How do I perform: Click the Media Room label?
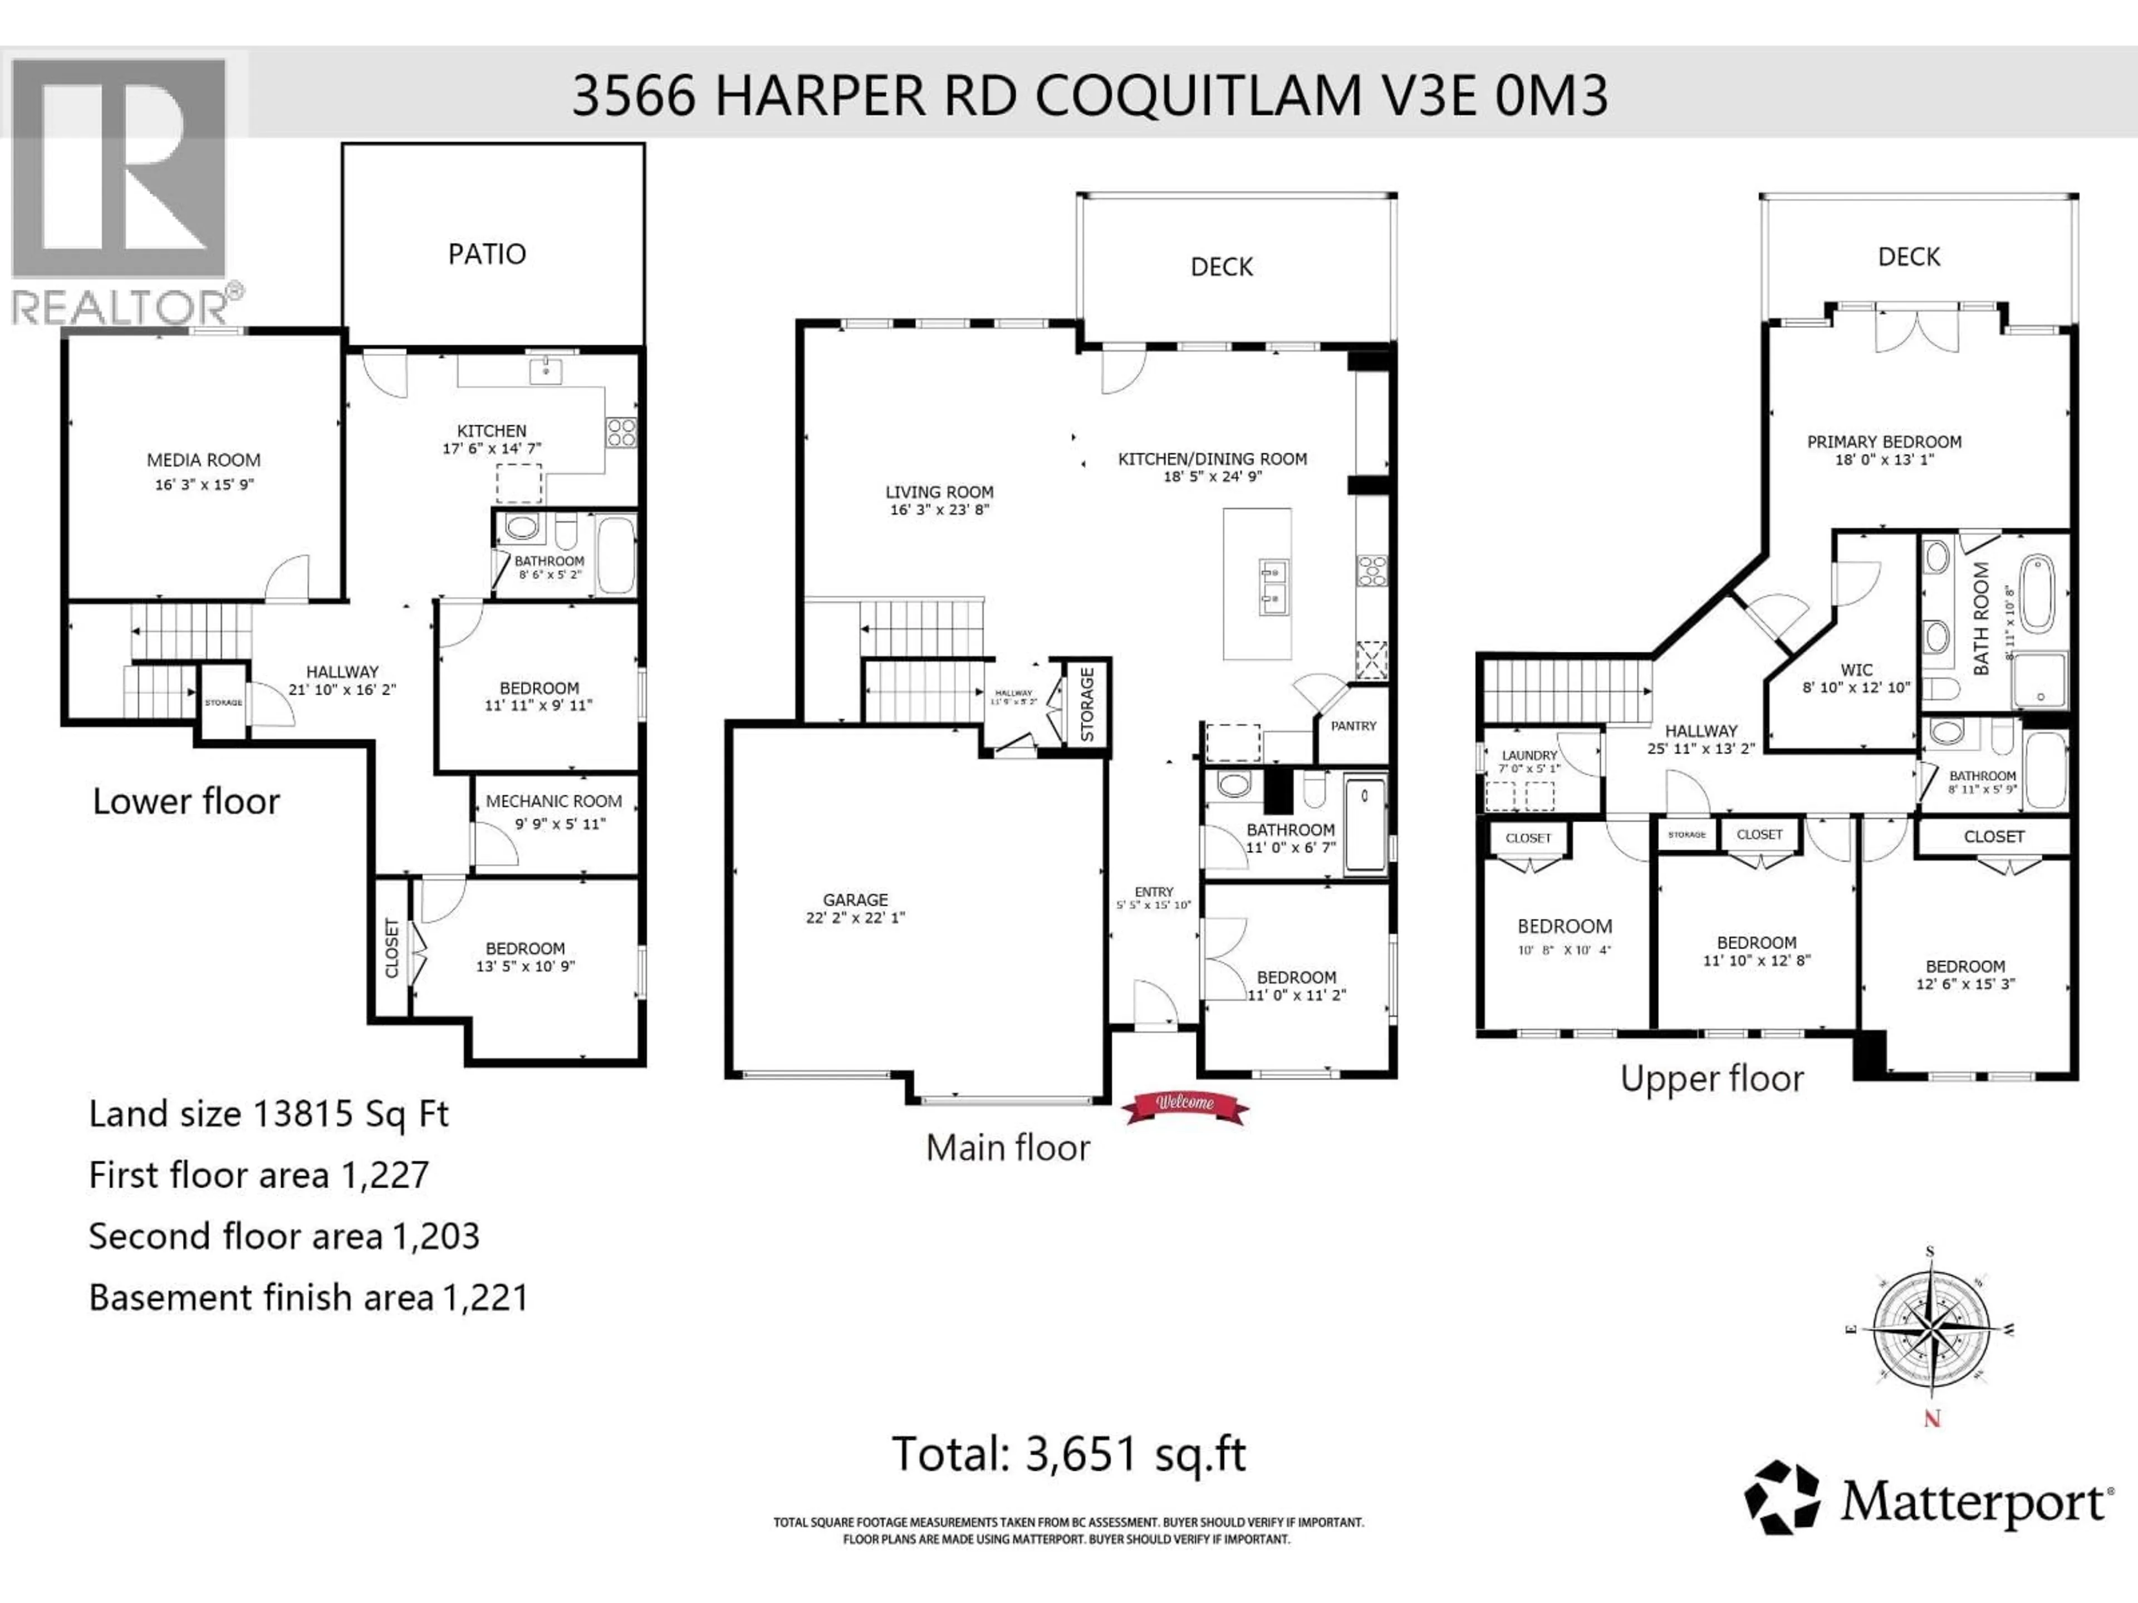pos(203,460)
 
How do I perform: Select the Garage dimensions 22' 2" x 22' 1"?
pos(855,917)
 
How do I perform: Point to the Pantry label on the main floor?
pos(1352,726)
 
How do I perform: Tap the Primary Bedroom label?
pos(1884,441)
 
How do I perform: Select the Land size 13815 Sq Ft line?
pos(269,1114)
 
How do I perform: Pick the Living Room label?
pos(939,492)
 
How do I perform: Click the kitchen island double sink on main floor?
pos(1272,586)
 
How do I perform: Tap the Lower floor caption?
pos(185,801)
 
